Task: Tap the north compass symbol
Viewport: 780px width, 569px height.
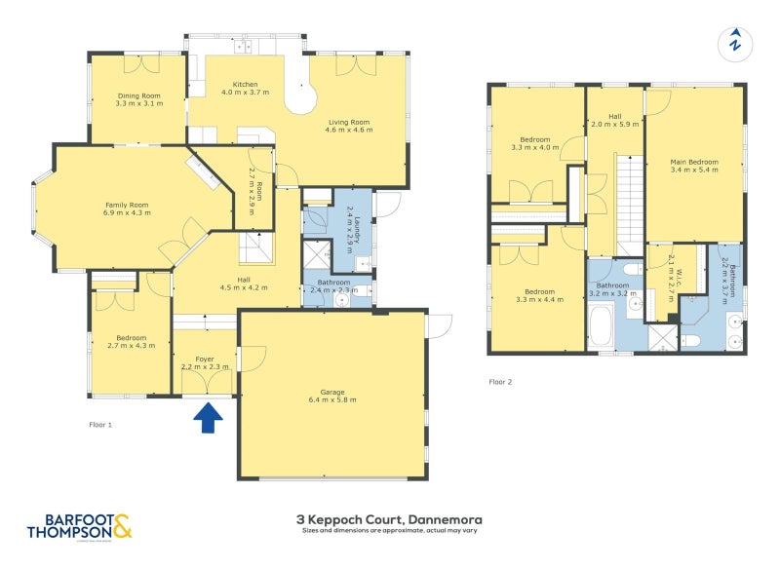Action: [735, 43]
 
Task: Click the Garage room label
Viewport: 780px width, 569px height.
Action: [333, 392]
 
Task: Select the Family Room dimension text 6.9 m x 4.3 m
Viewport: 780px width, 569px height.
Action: [128, 211]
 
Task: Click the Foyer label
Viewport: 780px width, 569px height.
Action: [205, 359]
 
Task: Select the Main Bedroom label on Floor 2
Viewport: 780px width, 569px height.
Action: [693, 162]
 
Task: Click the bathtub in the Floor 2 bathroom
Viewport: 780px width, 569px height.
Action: [602, 325]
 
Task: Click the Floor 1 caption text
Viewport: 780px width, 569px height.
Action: [100, 426]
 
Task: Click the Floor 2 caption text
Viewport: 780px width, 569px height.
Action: [500, 382]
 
